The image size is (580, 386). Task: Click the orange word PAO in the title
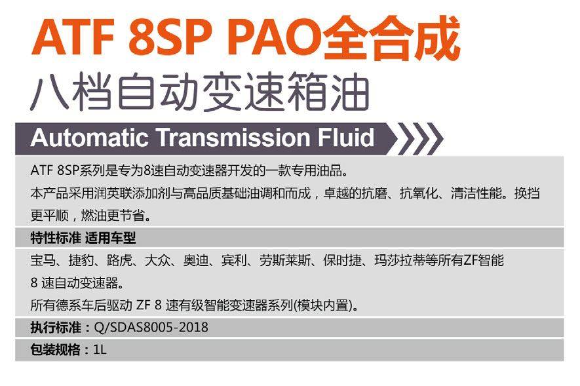click(274, 37)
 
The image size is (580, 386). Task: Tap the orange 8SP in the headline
click(170, 37)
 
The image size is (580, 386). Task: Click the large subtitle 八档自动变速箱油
click(200, 92)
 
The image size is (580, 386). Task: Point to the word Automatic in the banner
click(90, 138)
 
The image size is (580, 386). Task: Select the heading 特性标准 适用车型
click(83, 238)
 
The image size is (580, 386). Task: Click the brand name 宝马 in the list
click(43, 261)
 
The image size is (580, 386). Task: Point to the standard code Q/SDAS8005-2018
click(151, 328)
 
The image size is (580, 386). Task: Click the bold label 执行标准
click(56, 328)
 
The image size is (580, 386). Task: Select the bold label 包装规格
click(56, 350)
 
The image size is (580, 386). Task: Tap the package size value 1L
click(100, 350)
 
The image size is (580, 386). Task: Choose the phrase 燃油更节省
click(113, 216)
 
